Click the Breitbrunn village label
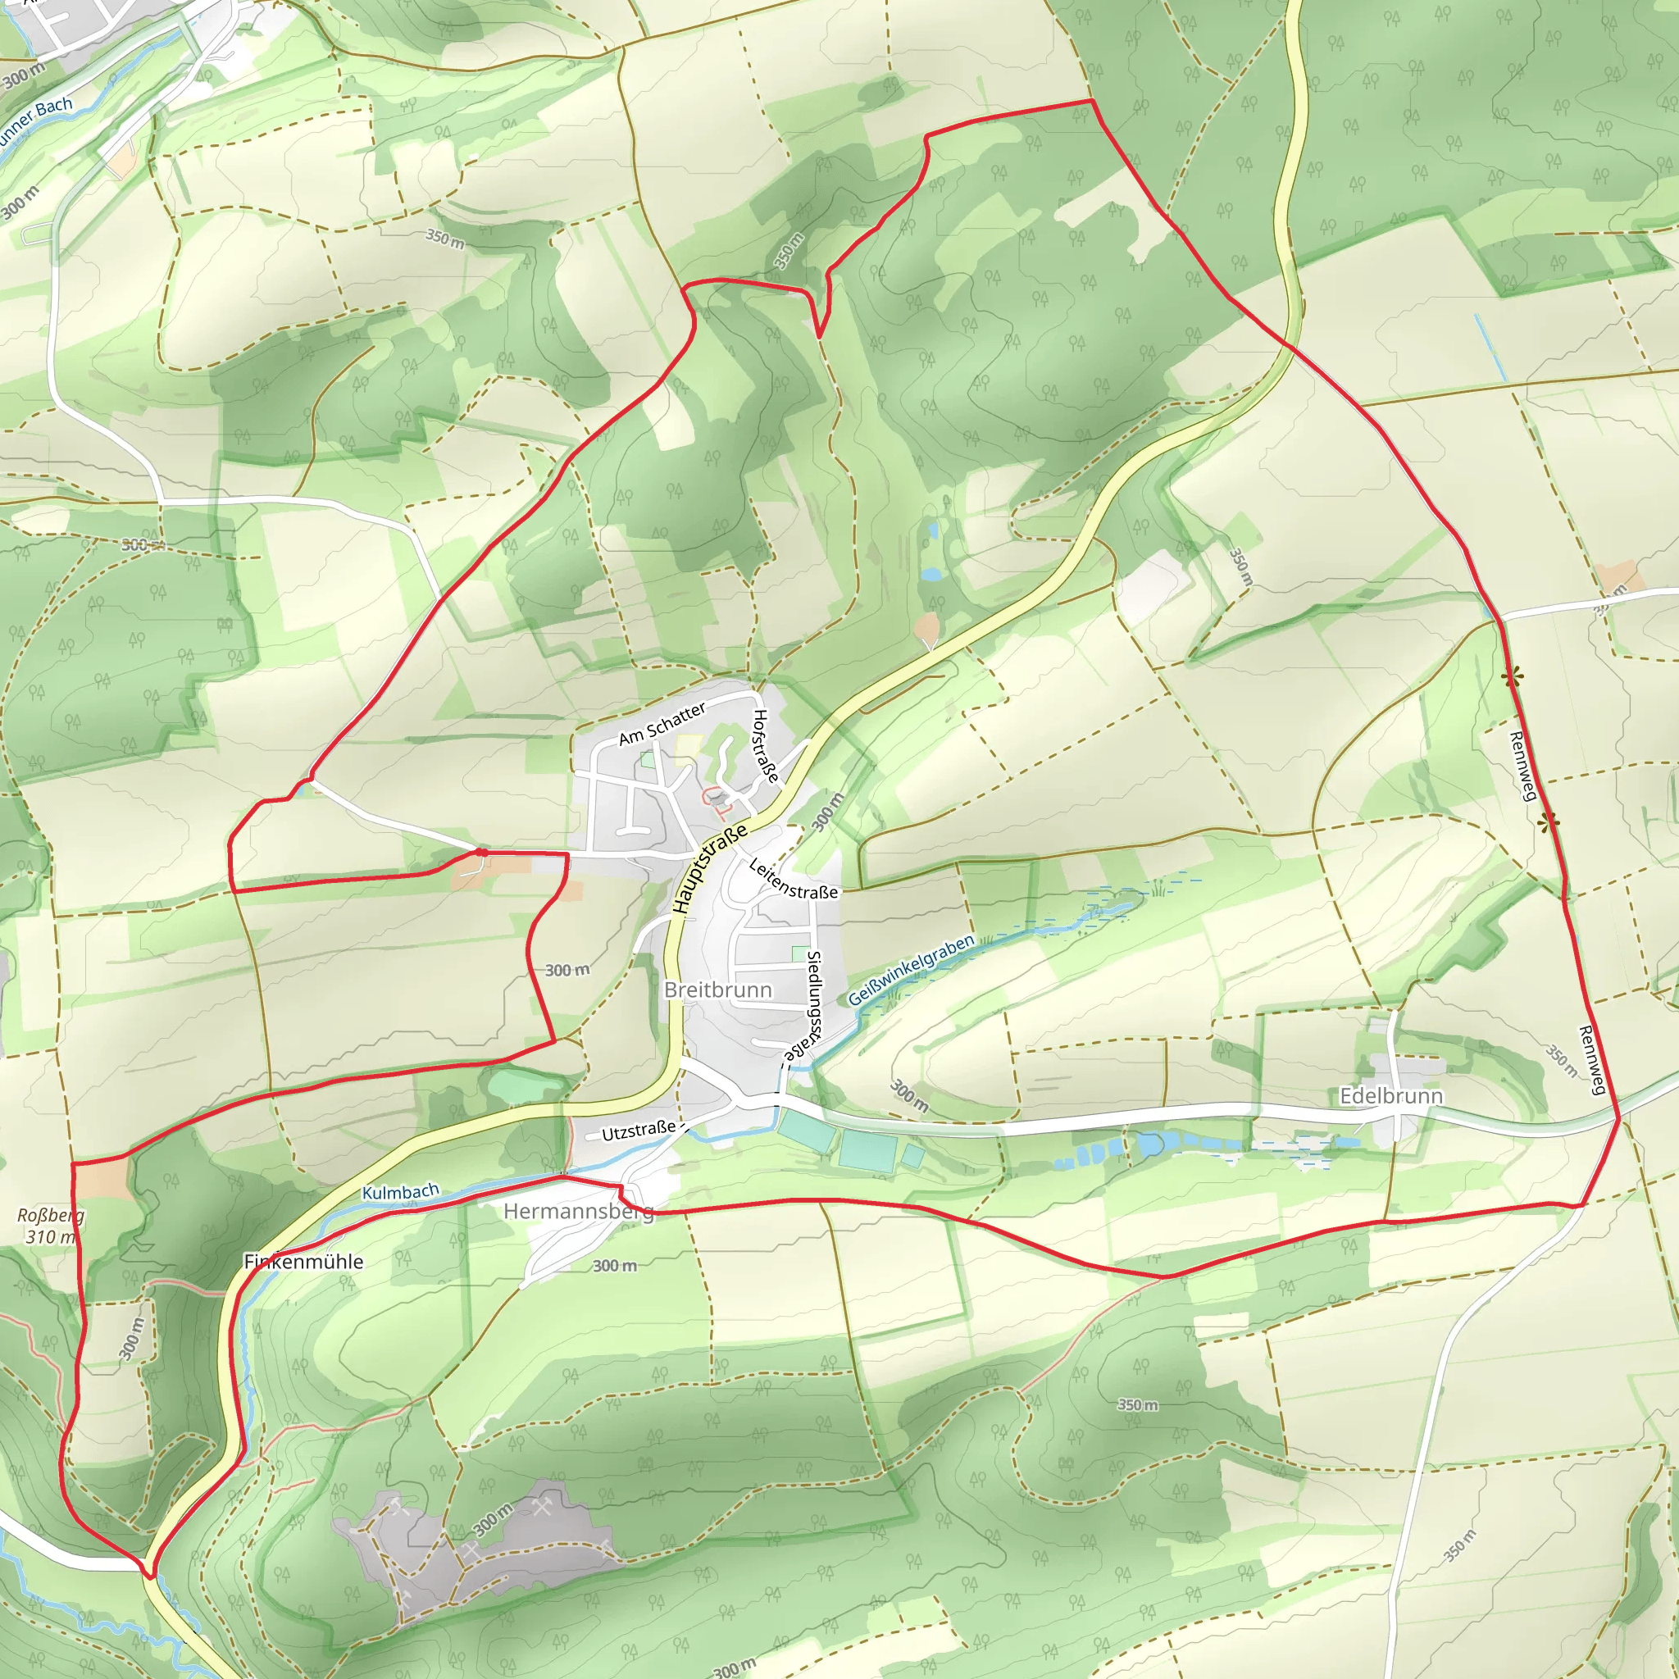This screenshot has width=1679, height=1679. click(x=718, y=990)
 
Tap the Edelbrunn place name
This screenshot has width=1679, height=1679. click(x=1391, y=1096)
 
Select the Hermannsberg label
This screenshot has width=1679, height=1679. click(x=578, y=1212)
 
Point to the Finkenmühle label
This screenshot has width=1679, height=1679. click(x=303, y=1262)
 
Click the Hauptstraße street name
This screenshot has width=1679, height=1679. click(x=710, y=868)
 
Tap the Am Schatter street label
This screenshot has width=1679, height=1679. click(x=662, y=725)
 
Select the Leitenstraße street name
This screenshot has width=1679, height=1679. click(x=793, y=880)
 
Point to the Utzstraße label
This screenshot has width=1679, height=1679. click(x=639, y=1131)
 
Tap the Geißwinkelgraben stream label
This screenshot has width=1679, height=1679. click(x=911, y=970)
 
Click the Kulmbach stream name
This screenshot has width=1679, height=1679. click(x=401, y=1191)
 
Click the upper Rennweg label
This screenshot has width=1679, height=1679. click(x=1522, y=766)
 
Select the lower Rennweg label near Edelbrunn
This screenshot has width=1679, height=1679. click(x=1591, y=1060)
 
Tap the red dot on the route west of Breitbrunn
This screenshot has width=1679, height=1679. click(x=480, y=853)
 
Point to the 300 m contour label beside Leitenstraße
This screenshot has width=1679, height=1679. click(x=827, y=812)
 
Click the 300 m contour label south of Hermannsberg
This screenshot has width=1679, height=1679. click(x=614, y=1266)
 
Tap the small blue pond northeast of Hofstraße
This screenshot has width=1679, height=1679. click(x=931, y=575)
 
